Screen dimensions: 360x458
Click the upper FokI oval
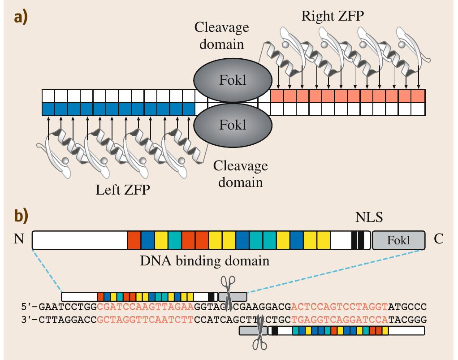pyautogui.click(x=233, y=81)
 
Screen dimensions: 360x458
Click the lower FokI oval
pyautogui.click(x=233, y=125)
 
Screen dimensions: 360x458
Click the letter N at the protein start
pyautogui.click(x=19, y=239)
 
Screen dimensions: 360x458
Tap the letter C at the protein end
pyautogui.click(x=439, y=239)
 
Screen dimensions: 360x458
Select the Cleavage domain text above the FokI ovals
pyautogui.click(x=219, y=36)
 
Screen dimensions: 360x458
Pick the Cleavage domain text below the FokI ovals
pyautogui.click(x=240, y=174)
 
